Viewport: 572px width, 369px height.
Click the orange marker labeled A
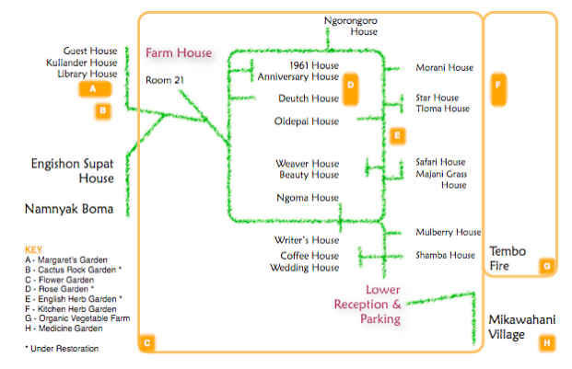click(95, 88)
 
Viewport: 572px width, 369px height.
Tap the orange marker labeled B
click(103, 110)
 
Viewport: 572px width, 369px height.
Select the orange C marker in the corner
click(147, 343)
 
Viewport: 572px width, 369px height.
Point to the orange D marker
click(351, 88)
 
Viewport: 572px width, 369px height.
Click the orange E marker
click(397, 136)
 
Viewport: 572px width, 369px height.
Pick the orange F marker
click(498, 88)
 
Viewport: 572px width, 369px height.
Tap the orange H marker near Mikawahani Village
click(547, 343)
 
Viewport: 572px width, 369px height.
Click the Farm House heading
click(179, 52)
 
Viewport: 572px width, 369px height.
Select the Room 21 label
click(165, 80)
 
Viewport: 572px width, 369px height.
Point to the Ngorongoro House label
click(351, 26)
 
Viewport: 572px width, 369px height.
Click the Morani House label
click(444, 68)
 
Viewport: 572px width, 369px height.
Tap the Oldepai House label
click(307, 121)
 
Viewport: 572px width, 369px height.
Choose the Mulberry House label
click(449, 233)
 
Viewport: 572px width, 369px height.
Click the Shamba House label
click(446, 255)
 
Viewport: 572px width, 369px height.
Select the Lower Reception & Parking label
click(368, 305)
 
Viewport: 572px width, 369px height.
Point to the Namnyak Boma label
click(69, 209)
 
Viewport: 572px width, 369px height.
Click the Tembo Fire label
click(508, 259)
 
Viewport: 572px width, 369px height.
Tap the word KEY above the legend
click(33, 249)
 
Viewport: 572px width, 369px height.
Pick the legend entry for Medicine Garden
click(64, 329)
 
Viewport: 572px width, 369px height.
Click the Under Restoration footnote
click(62, 349)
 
